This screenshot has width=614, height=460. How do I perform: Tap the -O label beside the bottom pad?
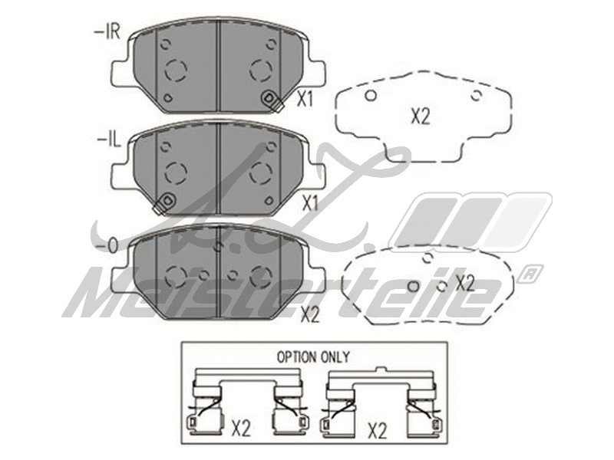(x=107, y=246)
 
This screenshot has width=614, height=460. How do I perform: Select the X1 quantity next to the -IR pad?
(x=305, y=99)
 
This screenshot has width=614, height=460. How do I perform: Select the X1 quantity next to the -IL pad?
(x=310, y=204)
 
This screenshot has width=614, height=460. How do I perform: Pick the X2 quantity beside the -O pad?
(x=310, y=313)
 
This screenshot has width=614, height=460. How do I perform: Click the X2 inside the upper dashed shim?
(x=420, y=117)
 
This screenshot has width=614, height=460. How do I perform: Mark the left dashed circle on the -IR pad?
(x=176, y=71)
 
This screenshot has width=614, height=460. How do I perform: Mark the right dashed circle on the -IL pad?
(x=262, y=173)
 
